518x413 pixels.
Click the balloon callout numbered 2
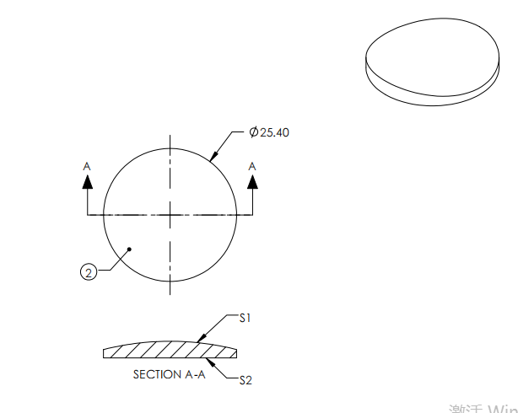pos(88,271)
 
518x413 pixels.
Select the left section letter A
pos(86,167)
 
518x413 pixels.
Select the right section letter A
pos(251,167)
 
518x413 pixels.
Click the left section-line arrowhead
pos(86,183)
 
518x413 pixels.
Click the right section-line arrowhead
pos(251,183)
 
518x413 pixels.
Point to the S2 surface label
pos(246,380)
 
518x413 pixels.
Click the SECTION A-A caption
pos(169,374)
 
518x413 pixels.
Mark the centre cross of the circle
pos(170,216)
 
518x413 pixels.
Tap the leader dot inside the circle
pos(129,249)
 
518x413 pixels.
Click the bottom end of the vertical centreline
pos(170,294)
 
